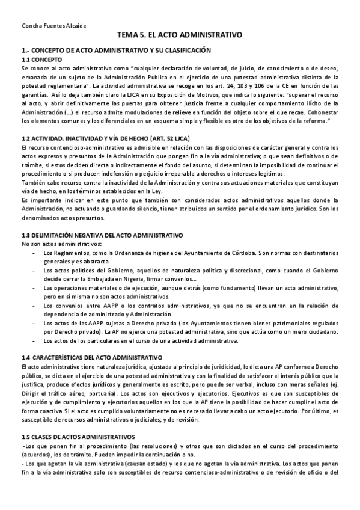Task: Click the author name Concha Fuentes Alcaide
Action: (x=53, y=26)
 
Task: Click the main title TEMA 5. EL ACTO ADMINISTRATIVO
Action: (x=180, y=36)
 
